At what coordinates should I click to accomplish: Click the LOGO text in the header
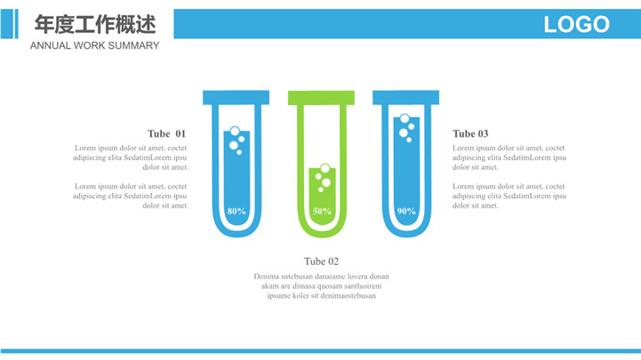pos(576,24)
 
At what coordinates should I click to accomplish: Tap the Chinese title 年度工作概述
pos(95,24)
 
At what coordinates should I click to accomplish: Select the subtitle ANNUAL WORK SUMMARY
pos(94,45)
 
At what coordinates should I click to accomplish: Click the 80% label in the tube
pos(236,212)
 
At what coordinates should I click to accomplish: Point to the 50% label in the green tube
pos(322,212)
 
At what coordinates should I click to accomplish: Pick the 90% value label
pos(406,212)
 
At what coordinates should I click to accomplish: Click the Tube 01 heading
pos(166,133)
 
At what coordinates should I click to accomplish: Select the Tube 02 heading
pos(321,261)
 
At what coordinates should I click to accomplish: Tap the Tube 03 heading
pos(470,133)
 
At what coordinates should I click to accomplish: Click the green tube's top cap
pos(321,98)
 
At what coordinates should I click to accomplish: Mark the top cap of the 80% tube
pos(236,97)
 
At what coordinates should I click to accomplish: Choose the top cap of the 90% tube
pos(406,97)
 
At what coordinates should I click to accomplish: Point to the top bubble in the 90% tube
pos(405,118)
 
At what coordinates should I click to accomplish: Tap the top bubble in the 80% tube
pos(235,132)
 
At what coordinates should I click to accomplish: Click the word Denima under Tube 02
pos(266,276)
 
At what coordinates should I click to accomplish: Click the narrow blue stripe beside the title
pos(16,24)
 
